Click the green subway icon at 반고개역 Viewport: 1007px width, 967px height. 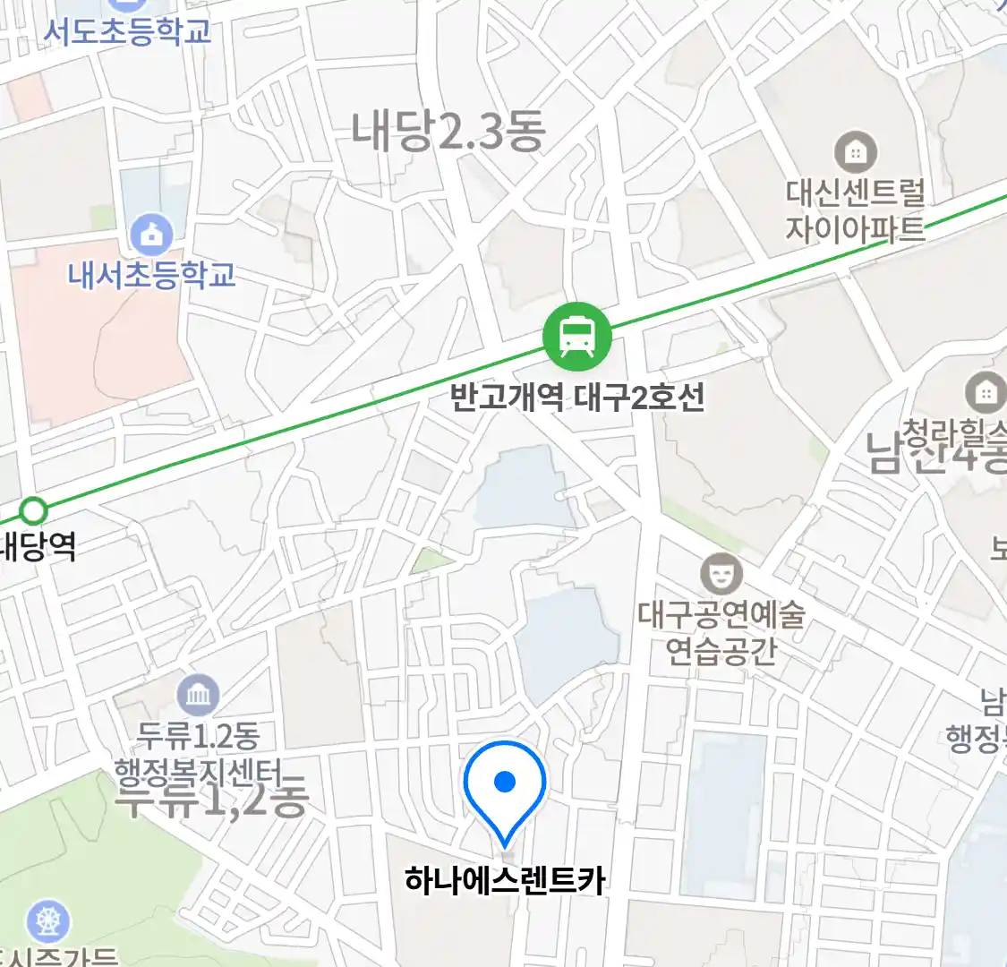click(x=577, y=338)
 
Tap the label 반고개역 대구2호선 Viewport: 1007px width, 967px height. click(x=577, y=397)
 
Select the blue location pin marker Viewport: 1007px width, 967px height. click(x=505, y=788)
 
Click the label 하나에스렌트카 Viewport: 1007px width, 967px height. click(x=505, y=880)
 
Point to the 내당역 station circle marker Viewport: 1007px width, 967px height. click(x=34, y=512)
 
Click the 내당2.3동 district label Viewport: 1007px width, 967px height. click(x=448, y=131)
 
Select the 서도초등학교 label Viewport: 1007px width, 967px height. click(x=127, y=31)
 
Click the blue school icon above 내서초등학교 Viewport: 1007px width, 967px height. click(x=152, y=235)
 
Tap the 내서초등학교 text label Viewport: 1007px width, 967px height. click(x=152, y=274)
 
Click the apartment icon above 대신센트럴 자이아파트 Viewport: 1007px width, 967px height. click(x=856, y=152)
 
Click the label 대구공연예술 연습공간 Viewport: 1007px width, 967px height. click(x=721, y=632)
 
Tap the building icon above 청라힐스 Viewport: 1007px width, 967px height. click(x=986, y=392)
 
